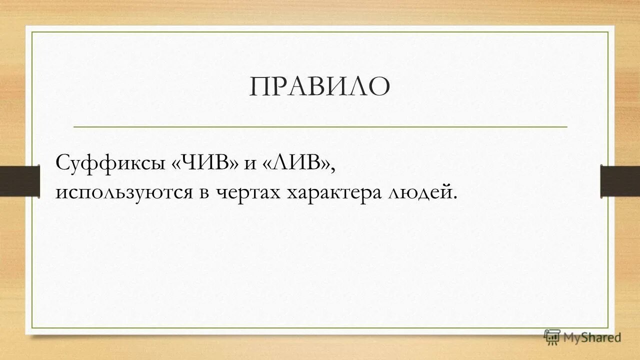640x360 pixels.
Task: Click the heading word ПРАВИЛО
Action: click(x=319, y=87)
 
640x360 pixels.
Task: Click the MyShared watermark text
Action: click(x=592, y=337)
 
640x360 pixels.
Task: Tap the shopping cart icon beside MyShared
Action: click(x=552, y=337)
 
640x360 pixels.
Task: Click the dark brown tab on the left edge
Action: click(x=19, y=180)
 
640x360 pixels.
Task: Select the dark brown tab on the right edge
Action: click(x=620, y=180)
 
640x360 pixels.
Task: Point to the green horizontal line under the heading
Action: click(x=320, y=127)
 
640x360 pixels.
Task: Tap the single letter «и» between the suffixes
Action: click(x=250, y=165)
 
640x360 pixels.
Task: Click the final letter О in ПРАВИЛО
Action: click(x=379, y=87)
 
